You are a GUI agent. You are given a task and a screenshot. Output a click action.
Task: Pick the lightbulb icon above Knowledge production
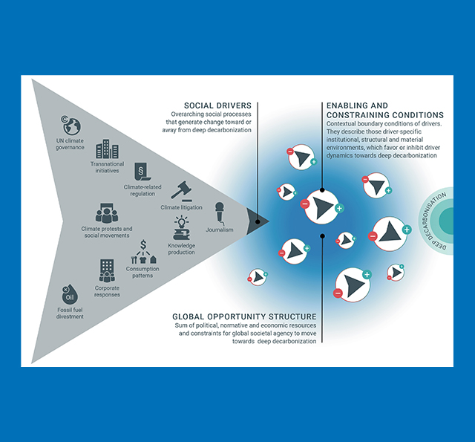181,227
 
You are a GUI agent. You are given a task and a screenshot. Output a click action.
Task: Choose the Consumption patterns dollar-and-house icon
142,256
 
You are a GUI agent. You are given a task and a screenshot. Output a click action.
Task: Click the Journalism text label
220,230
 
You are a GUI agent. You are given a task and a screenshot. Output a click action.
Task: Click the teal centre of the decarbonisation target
451,221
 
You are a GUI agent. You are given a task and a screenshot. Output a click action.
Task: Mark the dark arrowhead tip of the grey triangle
261,220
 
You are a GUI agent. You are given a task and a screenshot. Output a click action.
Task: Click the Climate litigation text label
181,208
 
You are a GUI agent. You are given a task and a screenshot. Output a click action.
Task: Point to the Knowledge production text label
182,249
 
